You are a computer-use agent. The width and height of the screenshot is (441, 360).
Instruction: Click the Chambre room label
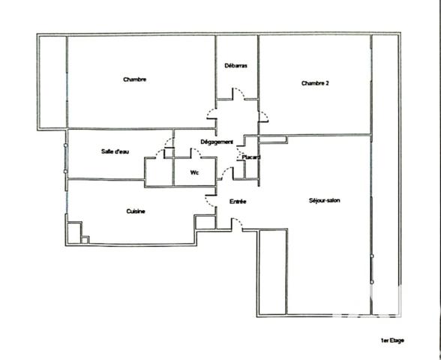point(134,79)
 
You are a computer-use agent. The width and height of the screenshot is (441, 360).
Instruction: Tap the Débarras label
point(236,66)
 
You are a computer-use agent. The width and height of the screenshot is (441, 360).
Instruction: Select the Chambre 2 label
point(315,83)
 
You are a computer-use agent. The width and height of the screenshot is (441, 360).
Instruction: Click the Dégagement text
point(217,142)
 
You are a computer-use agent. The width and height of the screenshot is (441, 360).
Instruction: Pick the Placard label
point(250,157)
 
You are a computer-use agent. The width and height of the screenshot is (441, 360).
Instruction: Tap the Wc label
point(194,172)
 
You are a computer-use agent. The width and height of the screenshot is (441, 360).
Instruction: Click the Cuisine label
point(136,211)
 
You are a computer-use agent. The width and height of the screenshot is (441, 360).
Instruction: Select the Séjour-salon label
point(325,200)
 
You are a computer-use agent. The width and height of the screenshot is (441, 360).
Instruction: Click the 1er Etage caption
point(392,341)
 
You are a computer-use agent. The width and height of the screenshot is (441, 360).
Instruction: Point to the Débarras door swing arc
point(237,94)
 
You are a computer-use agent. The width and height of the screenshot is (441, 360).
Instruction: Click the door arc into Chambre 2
point(263,116)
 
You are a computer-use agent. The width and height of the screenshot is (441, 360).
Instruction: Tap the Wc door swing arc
point(198,153)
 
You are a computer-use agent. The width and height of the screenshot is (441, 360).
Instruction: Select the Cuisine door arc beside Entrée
point(211,201)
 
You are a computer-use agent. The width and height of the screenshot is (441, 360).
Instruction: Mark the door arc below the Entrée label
point(236,223)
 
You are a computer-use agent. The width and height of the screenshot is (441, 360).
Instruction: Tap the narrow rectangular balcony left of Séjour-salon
point(272,271)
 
